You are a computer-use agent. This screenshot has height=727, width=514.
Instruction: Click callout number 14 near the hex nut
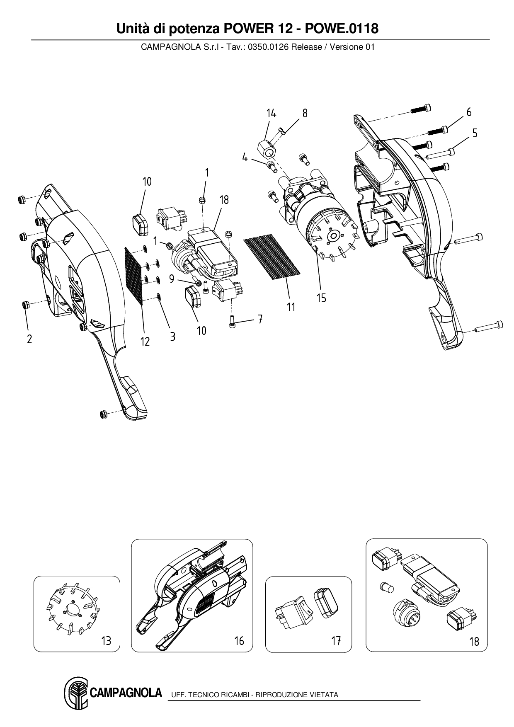[x=271, y=113]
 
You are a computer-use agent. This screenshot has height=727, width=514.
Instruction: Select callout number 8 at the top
[x=305, y=113]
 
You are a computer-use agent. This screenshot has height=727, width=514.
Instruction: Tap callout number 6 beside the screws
[x=469, y=112]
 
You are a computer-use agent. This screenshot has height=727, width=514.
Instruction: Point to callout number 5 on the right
[x=475, y=133]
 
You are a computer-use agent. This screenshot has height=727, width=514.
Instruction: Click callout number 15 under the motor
[x=321, y=298]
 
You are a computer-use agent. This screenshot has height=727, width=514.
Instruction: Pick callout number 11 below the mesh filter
[x=291, y=307]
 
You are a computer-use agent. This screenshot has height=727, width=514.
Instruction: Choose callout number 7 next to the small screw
[x=260, y=319]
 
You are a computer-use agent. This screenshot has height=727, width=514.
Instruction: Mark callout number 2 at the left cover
[x=29, y=339]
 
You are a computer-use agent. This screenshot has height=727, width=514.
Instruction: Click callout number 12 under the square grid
[x=145, y=342]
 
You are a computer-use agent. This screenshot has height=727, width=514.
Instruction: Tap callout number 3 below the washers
[x=172, y=337]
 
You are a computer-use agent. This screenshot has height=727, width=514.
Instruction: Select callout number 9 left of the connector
[x=172, y=279]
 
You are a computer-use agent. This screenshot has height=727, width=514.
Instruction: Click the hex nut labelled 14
[x=266, y=149]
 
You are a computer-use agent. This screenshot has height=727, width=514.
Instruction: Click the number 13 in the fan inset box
[x=106, y=641]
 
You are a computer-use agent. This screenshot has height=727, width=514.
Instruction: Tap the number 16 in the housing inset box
[x=239, y=641]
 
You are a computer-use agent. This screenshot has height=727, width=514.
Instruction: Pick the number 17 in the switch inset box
[x=336, y=641]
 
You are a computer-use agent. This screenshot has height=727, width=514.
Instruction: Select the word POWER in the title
[x=247, y=29]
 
